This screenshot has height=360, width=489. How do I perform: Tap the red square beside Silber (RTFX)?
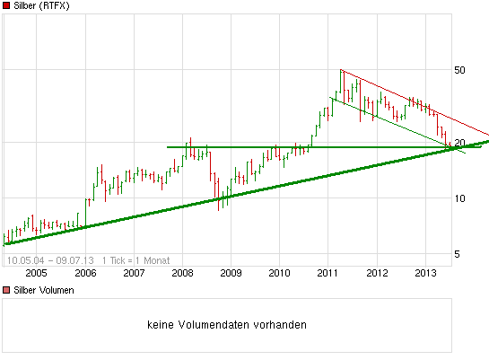pyautogui.click(x=6, y=6)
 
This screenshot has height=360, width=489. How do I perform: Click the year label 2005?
pyautogui.click(x=36, y=273)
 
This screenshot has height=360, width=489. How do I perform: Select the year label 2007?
pyautogui.click(x=134, y=273)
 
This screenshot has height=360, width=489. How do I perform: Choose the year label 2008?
pyautogui.click(x=182, y=273)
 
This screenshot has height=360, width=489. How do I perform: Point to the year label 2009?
pyautogui.click(x=231, y=273)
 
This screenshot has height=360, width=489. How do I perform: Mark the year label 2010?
pyautogui.click(x=279, y=273)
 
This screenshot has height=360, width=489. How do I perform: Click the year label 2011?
pyautogui.click(x=328, y=273)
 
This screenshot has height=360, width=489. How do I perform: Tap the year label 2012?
pyautogui.click(x=377, y=273)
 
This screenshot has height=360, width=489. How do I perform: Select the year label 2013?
pyautogui.click(x=425, y=273)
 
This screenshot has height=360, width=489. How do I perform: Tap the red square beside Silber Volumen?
pyautogui.click(x=6, y=290)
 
